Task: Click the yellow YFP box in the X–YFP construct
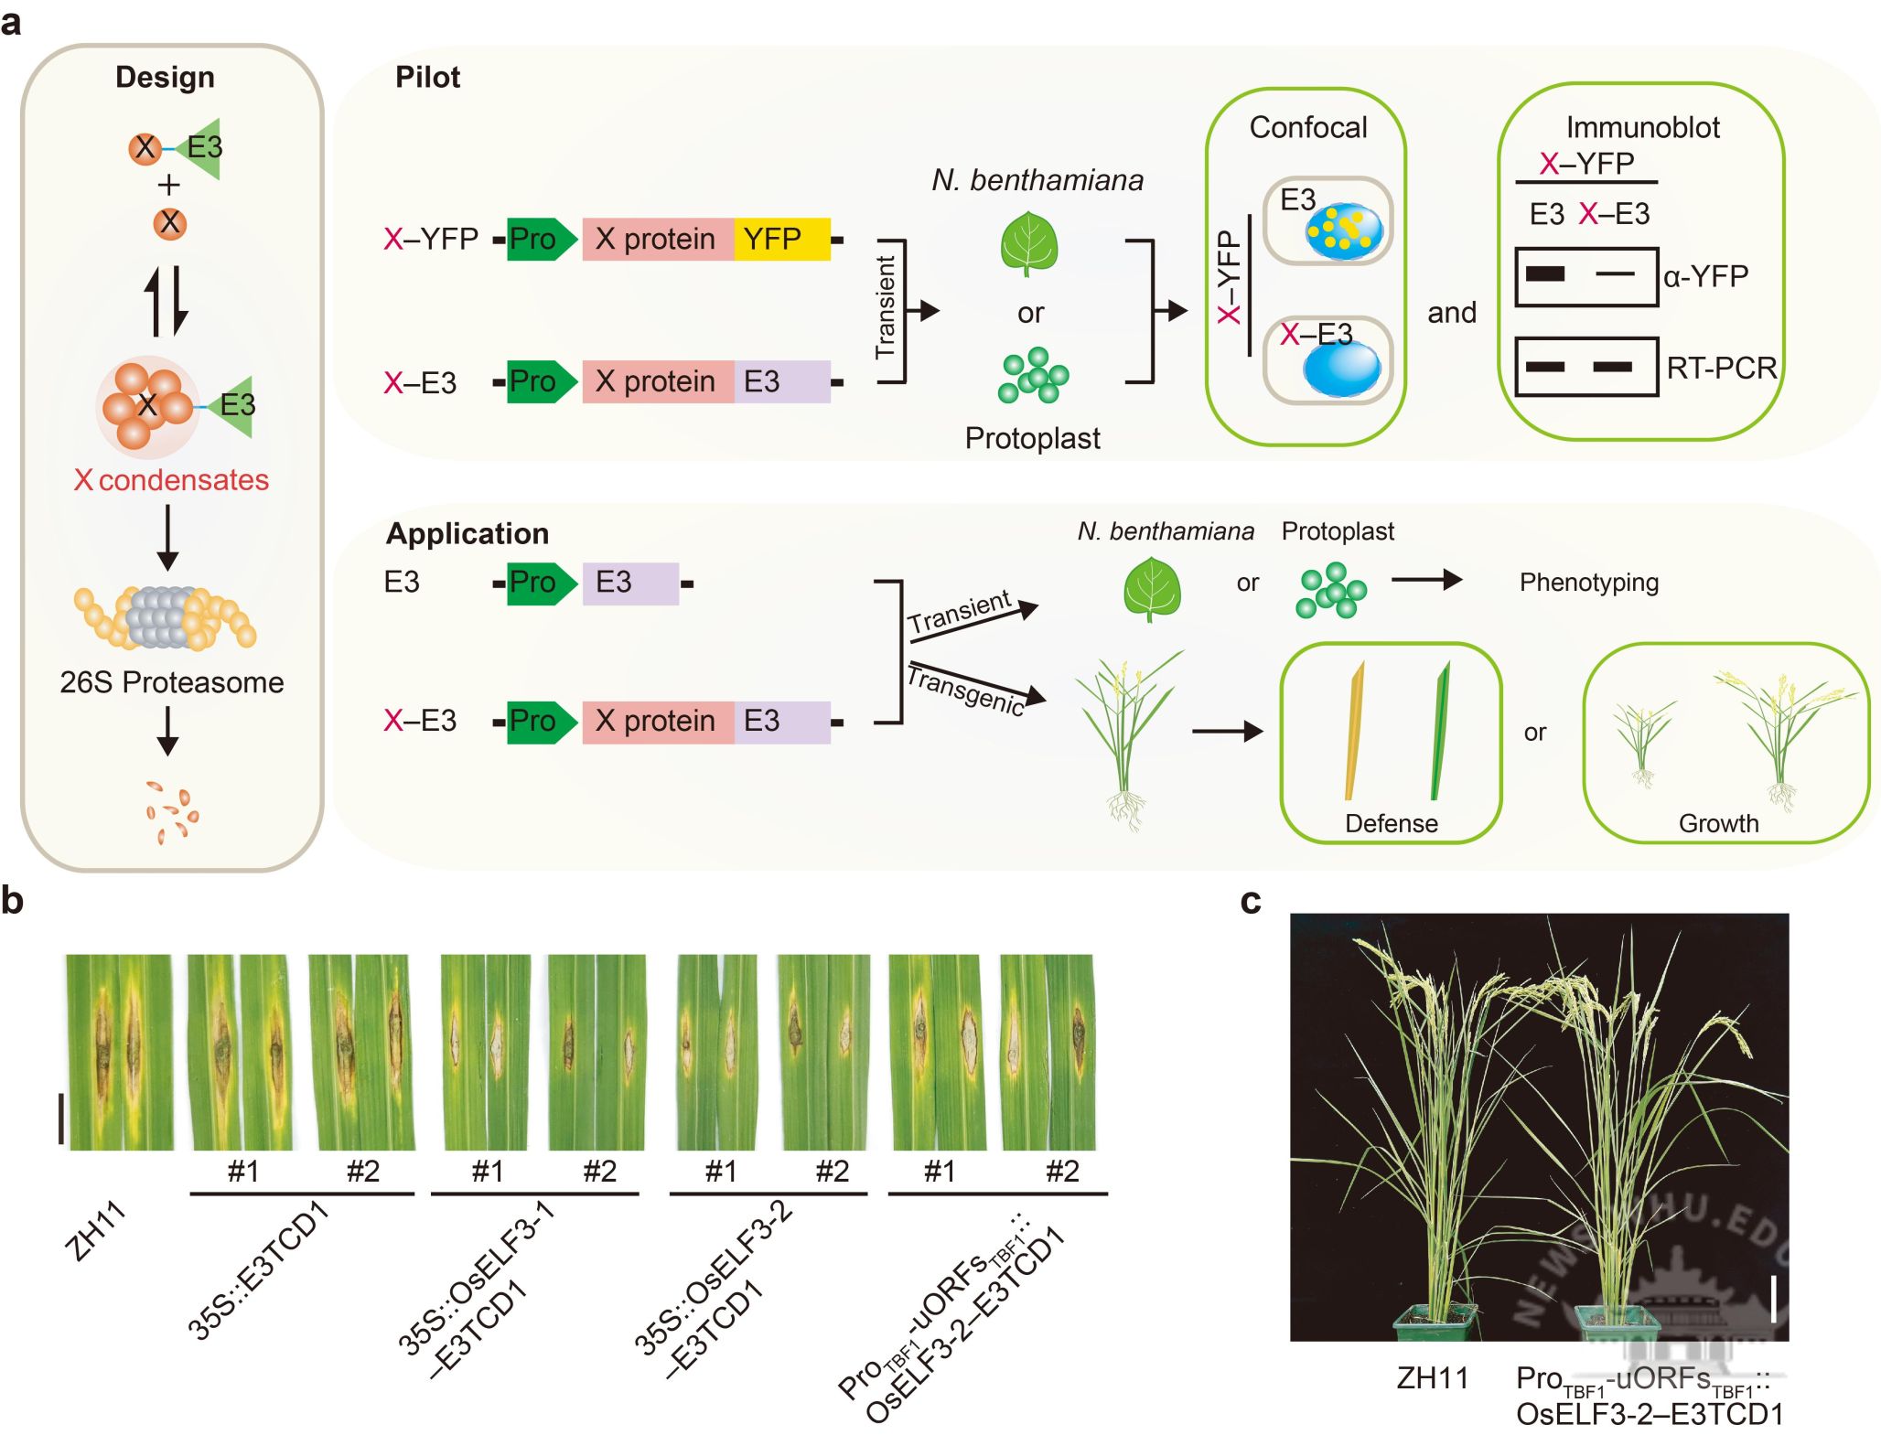(781, 240)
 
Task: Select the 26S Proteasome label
(172, 682)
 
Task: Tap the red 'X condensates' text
(172, 480)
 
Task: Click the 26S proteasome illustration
(165, 617)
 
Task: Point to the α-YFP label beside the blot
(1706, 276)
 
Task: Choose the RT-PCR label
(1721, 368)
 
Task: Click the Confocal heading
(1308, 127)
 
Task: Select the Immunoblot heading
(1642, 127)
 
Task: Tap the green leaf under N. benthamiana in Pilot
(1029, 243)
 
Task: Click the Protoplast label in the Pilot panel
(1032, 438)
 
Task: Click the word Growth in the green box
(1718, 823)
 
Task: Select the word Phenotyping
(1588, 583)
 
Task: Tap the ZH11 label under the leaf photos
(95, 1232)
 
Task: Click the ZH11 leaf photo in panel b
(119, 1052)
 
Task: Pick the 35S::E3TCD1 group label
(258, 1271)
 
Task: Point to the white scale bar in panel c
(1773, 1299)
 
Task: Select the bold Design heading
(165, 78)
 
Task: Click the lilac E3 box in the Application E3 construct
(630, 583)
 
